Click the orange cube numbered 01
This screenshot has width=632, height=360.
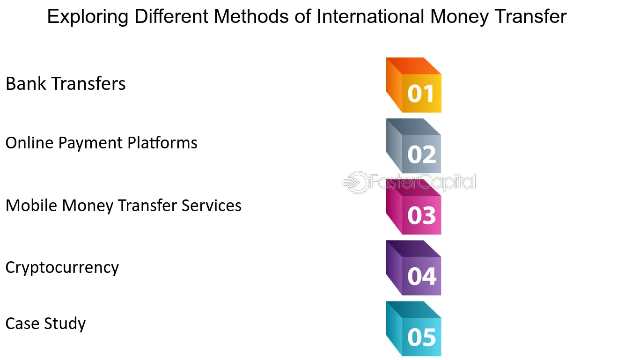pyautogui.click(x=414, y=85)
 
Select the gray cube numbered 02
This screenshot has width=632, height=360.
pyautogui.click(x=414, y=146)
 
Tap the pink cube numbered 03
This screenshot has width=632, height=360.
pyautogui.click(x=414, y=207)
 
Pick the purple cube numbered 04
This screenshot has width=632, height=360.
pyautogui.click(x=414, y=268)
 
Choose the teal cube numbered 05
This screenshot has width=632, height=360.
pyautogui.click(x=414, y=329)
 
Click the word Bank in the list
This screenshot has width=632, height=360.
pyautogui.click(x=26, y=83)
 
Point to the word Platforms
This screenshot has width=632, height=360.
pyautogui.click(x=162, y=142)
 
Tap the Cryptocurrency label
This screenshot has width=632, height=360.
pyautogui.click(x=62, y=268)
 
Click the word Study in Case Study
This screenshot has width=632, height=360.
pyautogui.click(x=65, y=323)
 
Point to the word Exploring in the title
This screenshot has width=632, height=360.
pyautogui.click(x=88, y=17)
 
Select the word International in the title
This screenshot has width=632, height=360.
pyautogui.click(x=370, y=16)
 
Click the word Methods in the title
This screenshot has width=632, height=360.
pyautogui.click(x=251, y=16)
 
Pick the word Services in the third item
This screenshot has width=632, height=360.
pyautogui.click(x=211, y=205)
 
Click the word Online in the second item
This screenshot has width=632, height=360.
pyautogui.click(x=29, y=142)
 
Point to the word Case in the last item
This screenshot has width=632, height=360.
pyautogui.click(x=22, y=323)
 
